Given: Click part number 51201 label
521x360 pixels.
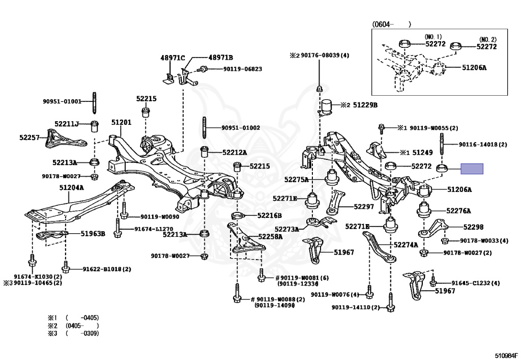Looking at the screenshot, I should pyautogui.click(x=122, y=123).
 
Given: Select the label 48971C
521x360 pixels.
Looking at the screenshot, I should pyautogui.click(x=172, y=58).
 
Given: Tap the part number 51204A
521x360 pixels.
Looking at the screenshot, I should pyautogui.click(x=71, y=187).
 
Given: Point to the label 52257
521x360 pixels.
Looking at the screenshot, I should pyautogui.click(x=30, y=137).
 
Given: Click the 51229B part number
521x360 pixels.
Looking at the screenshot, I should pyautogui.click(x=366, y=105).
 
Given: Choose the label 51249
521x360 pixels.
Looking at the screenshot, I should pyautogui.click(x=422, y=152).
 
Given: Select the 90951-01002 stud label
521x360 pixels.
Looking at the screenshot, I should pyautogui.click(x=241, y=128).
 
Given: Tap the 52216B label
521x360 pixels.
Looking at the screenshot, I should pyautogui.click(x=269, y=215).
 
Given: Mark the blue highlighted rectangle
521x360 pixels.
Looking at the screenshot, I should pyautogui.click(x=472, y=169).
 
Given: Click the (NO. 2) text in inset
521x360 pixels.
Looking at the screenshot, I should pyautogui.click(x=486, y=39).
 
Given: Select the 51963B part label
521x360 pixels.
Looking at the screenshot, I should pyautogui.click(x=93, y=234).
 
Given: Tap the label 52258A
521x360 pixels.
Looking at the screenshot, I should pyautogui.click(x=270, y=236).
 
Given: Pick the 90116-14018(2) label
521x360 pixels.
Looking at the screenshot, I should pyautogui.click(x=483, y=145).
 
